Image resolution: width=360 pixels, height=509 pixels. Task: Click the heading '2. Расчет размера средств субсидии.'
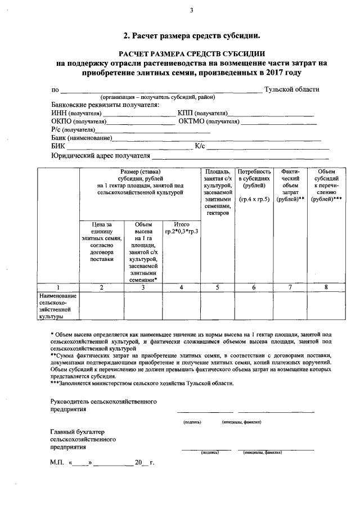191,35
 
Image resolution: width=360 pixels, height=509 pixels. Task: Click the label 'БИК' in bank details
57,146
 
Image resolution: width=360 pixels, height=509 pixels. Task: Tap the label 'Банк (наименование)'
81,137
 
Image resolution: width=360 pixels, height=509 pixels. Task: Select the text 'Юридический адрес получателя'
101,156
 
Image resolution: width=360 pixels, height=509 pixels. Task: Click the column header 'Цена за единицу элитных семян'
101,242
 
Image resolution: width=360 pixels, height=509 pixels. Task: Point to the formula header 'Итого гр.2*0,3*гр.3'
182,228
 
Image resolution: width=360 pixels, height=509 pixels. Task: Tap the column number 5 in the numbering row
218,287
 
